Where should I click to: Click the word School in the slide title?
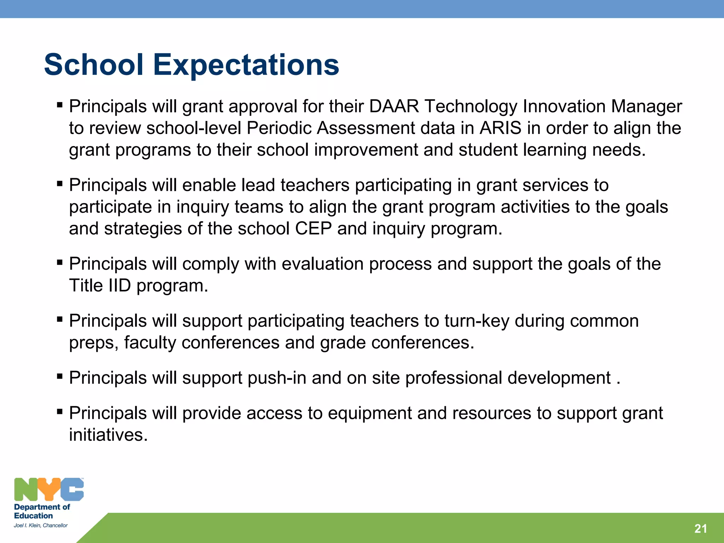(94, 65)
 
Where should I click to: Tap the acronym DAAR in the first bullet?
(394, 106)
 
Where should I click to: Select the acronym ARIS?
(500, 128)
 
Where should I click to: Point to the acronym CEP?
(313, 229)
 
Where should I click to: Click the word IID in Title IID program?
(119, 286)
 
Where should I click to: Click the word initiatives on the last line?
(108, 435)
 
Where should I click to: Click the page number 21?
(700, 529)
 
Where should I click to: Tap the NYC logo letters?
(49, 489)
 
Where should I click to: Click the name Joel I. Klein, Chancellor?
(41, 526)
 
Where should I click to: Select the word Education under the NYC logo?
(33, 516)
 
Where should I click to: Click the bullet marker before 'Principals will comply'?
(60, 263)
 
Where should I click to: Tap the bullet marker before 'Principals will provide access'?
(60, 412)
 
